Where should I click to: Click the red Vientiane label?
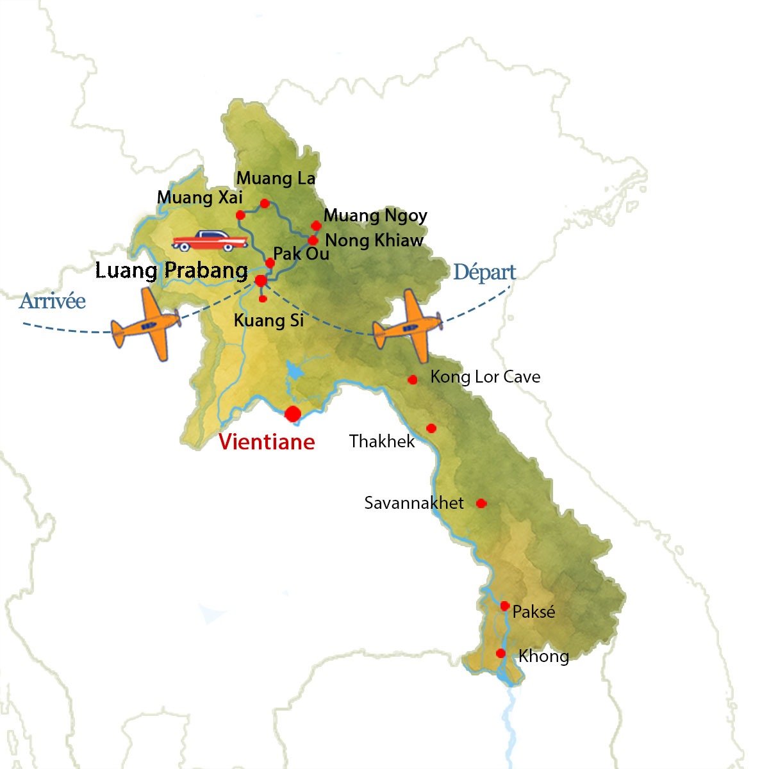click(267, 442)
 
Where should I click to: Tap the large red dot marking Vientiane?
click(293, 414)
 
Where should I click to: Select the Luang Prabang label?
click(172, 270)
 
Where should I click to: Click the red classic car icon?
click(210, 241)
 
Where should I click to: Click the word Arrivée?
click(53, 301)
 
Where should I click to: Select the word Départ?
click(484, 272)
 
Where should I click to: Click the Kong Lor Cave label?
click(485, 377)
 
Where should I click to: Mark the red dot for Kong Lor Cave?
click(413, 380)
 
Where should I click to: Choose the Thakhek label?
click(382, 441)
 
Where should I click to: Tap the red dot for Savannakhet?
click(481, 504)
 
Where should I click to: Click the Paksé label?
click(534, 612)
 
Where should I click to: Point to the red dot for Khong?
click(501, 654)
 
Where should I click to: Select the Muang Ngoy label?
click(376, 216)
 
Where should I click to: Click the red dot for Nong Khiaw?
click(313, 240)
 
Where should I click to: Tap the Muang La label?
click(276, 178)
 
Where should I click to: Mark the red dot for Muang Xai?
click(240, 215)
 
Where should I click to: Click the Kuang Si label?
click(269, 320)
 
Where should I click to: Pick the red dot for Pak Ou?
click(270, 263)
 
